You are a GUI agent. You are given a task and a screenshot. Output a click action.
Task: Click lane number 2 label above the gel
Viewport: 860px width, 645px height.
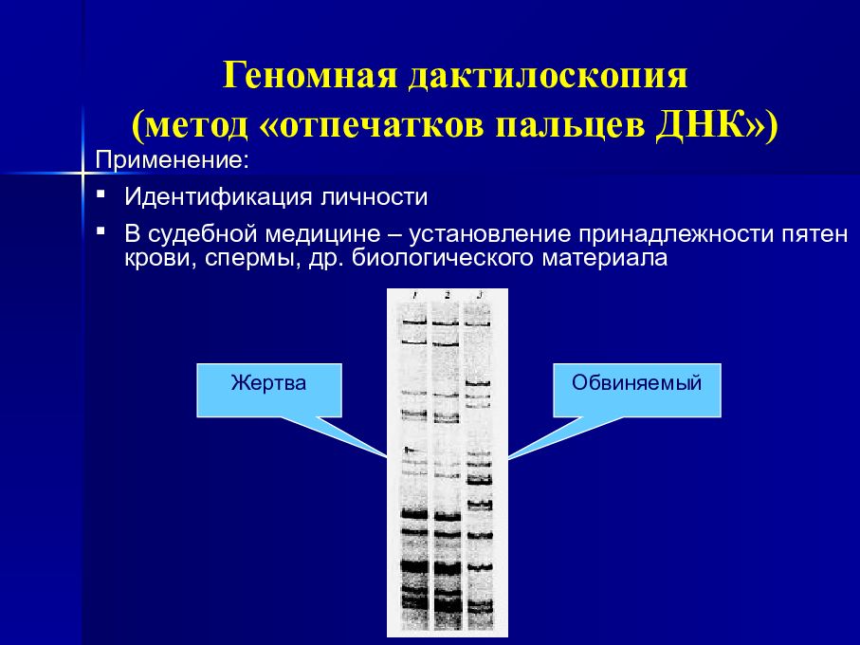(x=447, y=297)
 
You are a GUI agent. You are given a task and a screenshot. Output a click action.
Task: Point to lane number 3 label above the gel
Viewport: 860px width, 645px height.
(x=481, y=297)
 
